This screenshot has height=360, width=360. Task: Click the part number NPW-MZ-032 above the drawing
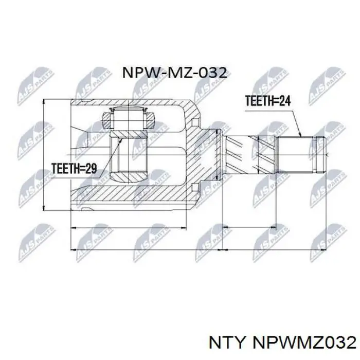click(175, 72)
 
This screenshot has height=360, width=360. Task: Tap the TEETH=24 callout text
click(267, 101)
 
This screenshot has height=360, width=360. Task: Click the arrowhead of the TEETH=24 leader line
click(301, 136)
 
